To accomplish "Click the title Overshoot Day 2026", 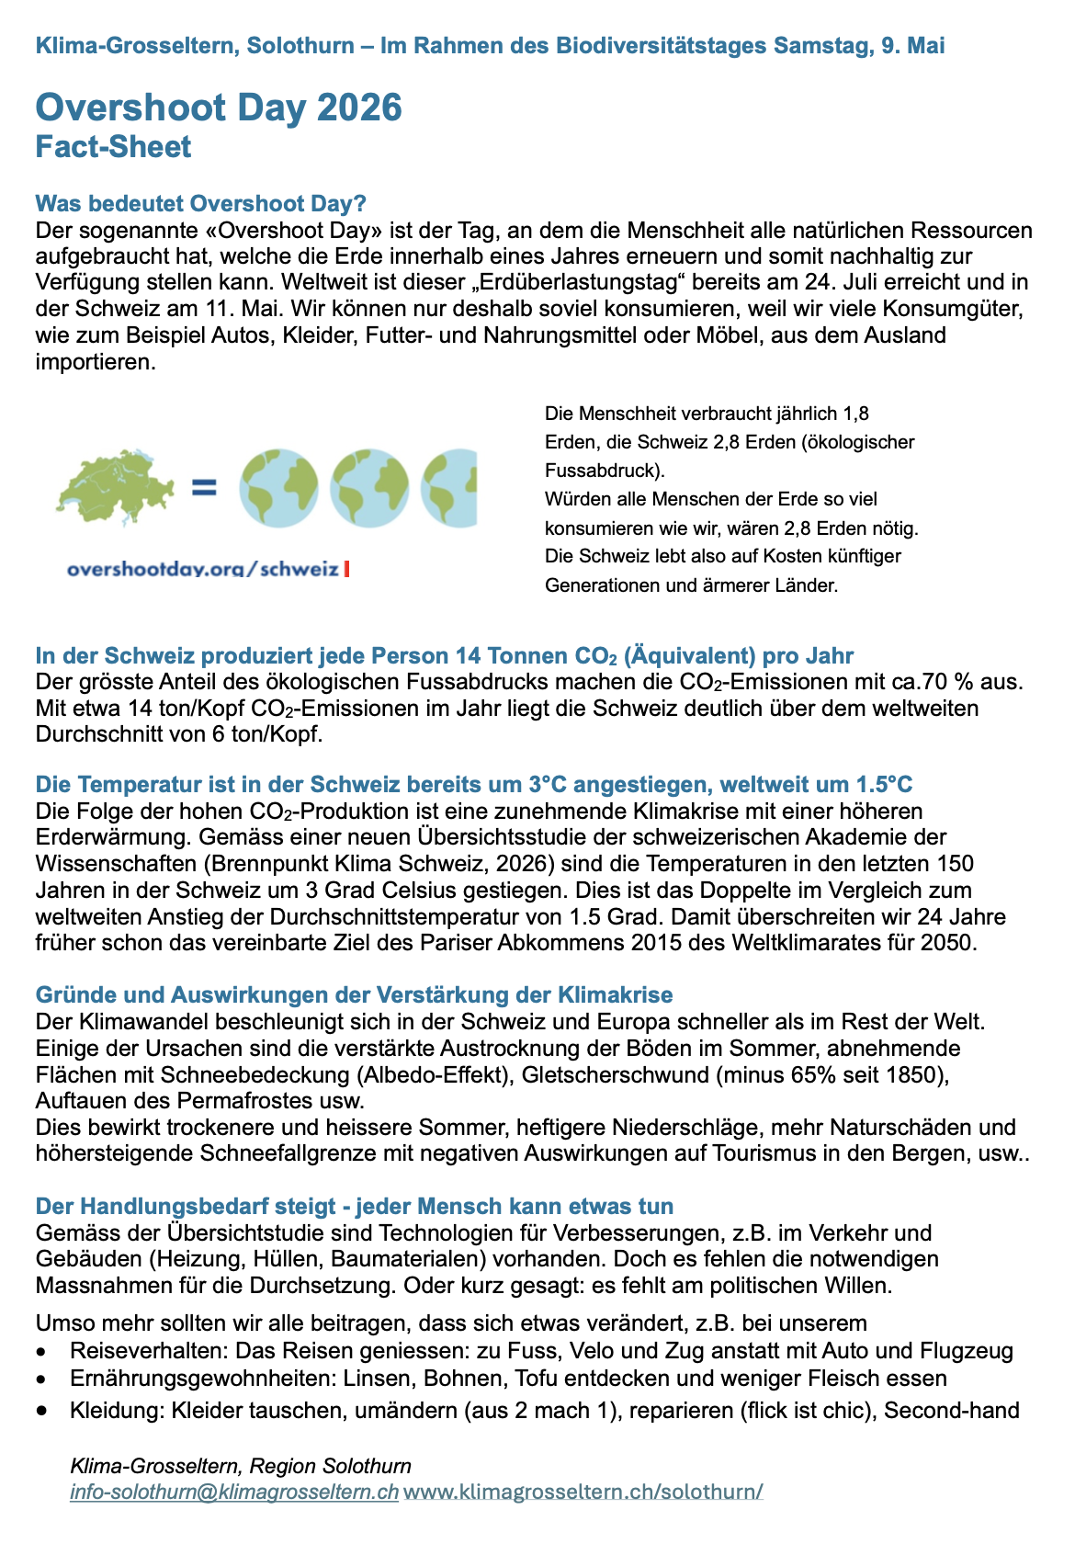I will [219, 108].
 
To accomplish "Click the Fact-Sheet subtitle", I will [113, 147].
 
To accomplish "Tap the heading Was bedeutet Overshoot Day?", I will [200, 203].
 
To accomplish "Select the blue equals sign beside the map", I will [204, 487].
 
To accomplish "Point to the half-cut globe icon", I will [449, 488].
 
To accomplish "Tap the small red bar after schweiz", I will [346, 569].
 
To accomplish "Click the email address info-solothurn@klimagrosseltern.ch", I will [234, 1491].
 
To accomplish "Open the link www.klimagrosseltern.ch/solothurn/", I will [583, 1491].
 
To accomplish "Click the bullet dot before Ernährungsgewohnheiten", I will [40, 1380].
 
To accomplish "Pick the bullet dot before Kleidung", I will [40, 1411].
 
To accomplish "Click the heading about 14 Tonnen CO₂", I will [444, 656].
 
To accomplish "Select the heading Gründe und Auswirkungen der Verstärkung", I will [354, 994].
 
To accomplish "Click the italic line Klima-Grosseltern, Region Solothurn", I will [241, 1466].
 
